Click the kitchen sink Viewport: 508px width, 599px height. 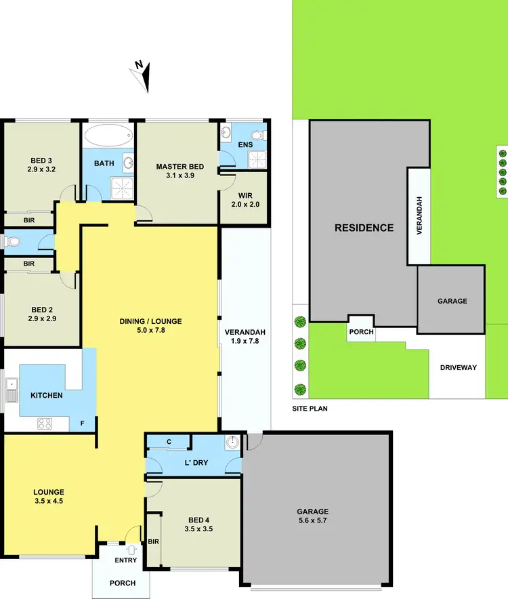coord(12,391)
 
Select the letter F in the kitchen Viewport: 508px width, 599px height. coord(83,424)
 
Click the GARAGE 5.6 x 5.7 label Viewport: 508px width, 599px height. coord(312,516)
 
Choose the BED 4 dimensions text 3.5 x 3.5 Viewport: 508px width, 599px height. coord(195,529)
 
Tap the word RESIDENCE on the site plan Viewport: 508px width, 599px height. coord(364,228)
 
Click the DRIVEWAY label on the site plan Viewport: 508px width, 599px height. coord(459,368)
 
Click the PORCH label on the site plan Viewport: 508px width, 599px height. coord(360,332)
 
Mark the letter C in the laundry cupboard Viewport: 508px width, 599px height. coord(169,442)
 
